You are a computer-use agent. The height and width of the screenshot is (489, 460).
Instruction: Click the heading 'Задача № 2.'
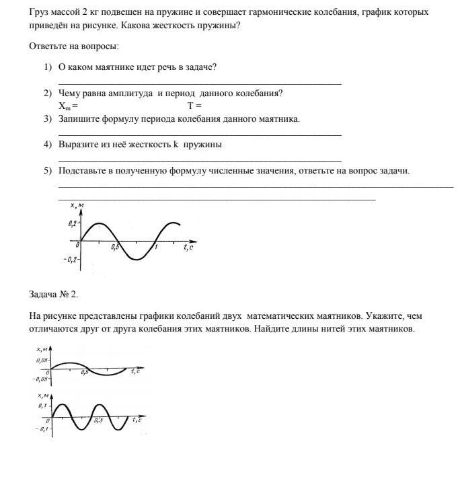[x=54, y=294]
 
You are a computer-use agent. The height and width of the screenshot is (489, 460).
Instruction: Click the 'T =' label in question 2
[x=194, y=106]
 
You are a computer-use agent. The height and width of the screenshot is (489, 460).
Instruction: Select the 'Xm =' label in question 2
[x=68, y=106]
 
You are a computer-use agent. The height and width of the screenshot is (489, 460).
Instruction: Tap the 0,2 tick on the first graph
[x=73, y=222]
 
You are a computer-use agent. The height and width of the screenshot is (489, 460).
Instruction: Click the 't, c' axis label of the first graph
[x=188, y=248]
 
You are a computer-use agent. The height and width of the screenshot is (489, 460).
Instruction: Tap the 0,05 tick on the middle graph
[x=42, y=361]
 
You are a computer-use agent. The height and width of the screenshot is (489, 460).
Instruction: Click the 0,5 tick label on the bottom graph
[x=98, y=420]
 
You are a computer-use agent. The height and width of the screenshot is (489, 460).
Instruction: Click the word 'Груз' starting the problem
[x=40, y=13]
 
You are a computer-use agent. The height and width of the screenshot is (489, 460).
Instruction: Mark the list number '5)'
[x=48, y=171]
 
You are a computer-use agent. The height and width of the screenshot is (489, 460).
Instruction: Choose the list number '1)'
[x=48, y=67]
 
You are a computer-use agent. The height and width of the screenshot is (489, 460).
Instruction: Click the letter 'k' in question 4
[x=175, y=145]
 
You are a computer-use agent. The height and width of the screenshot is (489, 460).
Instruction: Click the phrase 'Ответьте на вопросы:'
[x=74, y=46]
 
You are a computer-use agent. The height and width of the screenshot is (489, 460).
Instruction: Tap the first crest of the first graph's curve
[x=99, y=223]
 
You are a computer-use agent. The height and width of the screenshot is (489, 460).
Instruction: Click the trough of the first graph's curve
[x=137, y=259]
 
